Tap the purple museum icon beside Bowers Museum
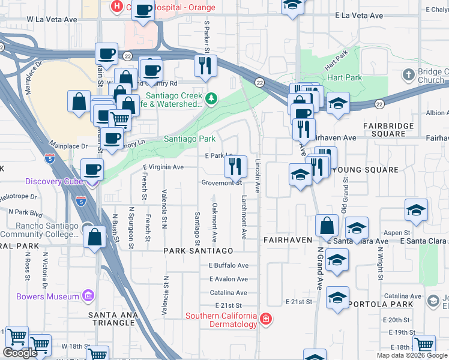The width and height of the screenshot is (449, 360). (x=88, y=296)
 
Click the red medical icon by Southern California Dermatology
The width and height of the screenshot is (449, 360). (x=265, y=319)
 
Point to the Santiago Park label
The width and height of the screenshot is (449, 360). (x=190, y=139)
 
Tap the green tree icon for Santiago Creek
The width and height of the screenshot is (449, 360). (x=211, y=98)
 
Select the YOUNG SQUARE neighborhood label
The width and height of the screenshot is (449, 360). (x=364, y=170)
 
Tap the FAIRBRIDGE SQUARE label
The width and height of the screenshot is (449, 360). (x=388, y=130)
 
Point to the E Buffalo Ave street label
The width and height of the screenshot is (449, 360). (x=228, y=265)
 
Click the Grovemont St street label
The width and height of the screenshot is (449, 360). (x=221, y=182)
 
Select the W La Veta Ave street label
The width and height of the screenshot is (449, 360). (x=52, y=20)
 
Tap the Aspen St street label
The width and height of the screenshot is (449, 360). (x=398, y=232)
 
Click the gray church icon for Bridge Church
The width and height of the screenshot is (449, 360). (x=408, y=75)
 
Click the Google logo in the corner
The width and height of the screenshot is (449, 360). (x=20, y=353)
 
